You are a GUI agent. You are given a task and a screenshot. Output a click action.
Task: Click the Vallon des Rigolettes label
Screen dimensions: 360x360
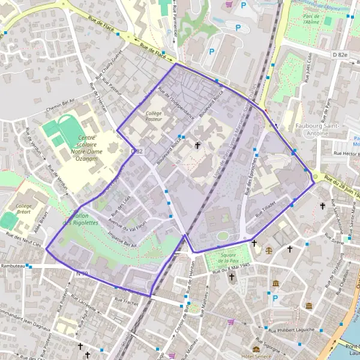pos(83,219)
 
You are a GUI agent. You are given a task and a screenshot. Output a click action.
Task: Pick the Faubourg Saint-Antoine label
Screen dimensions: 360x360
pos(317,130)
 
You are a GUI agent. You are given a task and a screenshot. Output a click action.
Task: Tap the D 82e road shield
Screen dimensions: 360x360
pos(340,55)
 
